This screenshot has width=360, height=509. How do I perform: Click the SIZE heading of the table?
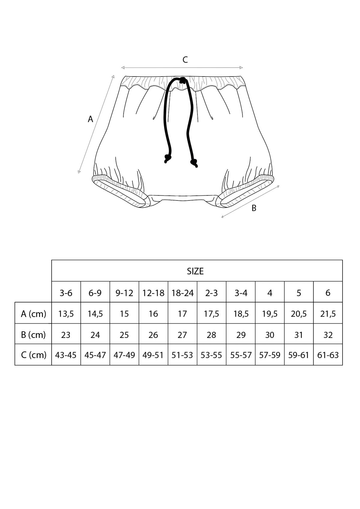coord(195,271)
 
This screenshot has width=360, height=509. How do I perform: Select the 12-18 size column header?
coord(153,293)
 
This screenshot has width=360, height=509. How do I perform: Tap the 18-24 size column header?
coord(182,293)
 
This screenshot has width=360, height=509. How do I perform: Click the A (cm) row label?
coord(33,314)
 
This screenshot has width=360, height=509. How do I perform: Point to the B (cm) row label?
coord(33,335)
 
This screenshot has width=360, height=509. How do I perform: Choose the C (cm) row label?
coord(34,355)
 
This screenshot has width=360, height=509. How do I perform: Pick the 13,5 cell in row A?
coord(66,314)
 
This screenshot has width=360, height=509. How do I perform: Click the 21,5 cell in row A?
coord(328,314)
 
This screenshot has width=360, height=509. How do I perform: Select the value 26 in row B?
coord(153,335)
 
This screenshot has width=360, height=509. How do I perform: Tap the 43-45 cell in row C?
coord(66,355)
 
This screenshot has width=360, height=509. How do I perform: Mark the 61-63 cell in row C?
coord(328,355)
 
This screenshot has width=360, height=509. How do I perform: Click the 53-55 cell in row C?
coord(211,355)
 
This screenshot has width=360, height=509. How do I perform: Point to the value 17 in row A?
coord(182,314)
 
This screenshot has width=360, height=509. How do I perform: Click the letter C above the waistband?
coord(185,60)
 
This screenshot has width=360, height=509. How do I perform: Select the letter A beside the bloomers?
coord(90,119)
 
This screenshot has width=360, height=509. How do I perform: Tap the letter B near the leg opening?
coord(254,208)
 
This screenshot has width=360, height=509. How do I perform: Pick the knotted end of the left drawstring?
coord(167,158)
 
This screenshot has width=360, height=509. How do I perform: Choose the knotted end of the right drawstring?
coord(194,163)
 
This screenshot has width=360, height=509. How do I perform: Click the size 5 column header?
coord(299,293)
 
